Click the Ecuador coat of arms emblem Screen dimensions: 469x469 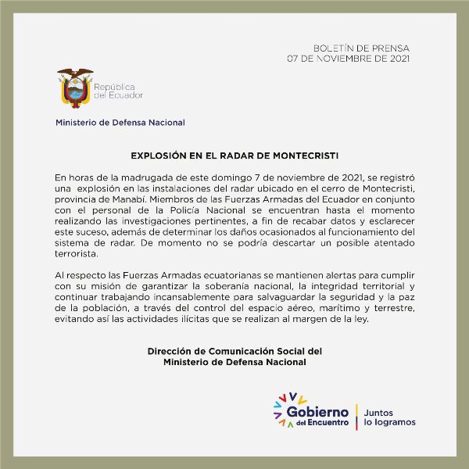click(x=75, y=88)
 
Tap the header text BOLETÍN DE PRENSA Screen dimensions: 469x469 click(x=360, y=48)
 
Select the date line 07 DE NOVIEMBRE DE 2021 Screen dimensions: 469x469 click(x=349, y=59)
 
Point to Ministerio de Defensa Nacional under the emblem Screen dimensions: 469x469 click(x=120, y=122)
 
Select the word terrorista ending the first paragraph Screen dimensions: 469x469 click(x=76, y=254)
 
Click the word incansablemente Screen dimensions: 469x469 click(x=175, y=298)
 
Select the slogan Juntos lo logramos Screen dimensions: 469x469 click(x=389, y=417)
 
